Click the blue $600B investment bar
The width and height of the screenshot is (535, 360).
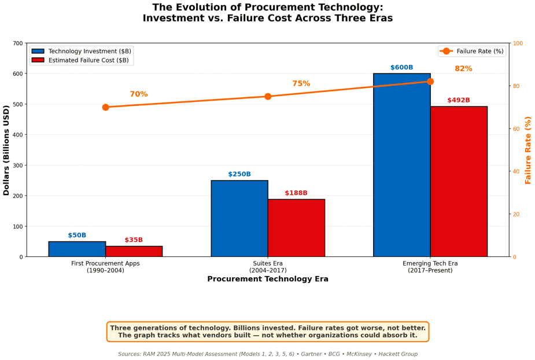(x=401, y=165)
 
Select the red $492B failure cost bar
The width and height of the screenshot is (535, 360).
(x=459, y=182)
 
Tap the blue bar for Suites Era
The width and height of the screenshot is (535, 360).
(x=239, y=218)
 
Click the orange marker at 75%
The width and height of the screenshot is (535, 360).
(x=268, y=96)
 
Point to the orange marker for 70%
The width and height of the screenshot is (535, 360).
(x=105, y=107)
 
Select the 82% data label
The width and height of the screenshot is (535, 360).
(x=463, y=69)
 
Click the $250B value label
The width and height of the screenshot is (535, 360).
(x=239, y=174)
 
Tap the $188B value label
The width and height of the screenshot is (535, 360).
(x=296, y=193)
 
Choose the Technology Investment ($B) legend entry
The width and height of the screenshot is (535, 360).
(x=89, y=51)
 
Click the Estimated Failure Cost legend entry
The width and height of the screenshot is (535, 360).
(x=88, y=60)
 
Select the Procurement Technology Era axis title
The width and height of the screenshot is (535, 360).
(x=268, y=279)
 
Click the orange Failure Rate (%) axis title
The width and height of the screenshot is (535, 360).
(x=528, y=150)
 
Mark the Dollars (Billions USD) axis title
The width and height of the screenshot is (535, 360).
(x=7, y=150)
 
